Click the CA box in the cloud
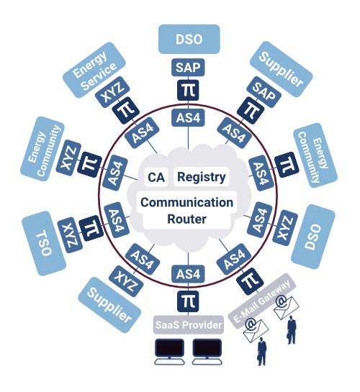coord(156,177)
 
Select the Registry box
coord(202,177)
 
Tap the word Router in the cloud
coord(186,219)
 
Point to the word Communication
coord(186,202)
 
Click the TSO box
coord(44,243)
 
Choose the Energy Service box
coord(94,70)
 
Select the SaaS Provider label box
coord(189,325)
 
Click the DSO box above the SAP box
coord(189,39)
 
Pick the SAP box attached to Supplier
coord(264,92)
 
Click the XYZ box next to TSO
coord(70,235)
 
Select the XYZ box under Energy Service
coord(112,92)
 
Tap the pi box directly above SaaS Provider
coord(188,301)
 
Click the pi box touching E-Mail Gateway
coord(250,281)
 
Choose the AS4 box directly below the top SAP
coord(188,117)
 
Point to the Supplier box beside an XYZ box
coord(109,305)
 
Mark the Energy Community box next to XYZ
coord(42,149)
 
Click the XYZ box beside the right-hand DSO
coord(285,228)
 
